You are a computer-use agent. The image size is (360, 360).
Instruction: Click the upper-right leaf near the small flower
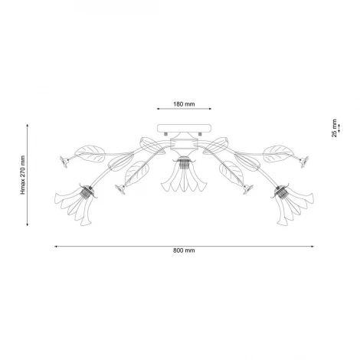point(274,151)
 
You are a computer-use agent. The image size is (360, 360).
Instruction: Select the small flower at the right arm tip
point(303,160)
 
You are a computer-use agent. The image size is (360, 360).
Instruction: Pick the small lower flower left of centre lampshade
point(119,187)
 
